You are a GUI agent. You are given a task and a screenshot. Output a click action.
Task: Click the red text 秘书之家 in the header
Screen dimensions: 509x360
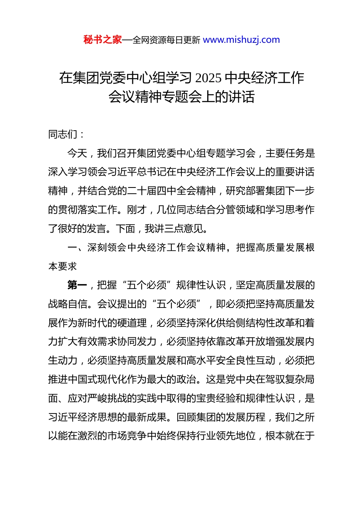click(x=102, y=40)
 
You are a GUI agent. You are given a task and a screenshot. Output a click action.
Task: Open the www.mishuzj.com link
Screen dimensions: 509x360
click(x=241, y=40)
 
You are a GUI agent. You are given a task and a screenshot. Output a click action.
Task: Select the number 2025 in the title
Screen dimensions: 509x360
click(x=208, y=78)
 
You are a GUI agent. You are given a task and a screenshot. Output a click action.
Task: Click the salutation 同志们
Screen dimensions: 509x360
click(x=63, y=134)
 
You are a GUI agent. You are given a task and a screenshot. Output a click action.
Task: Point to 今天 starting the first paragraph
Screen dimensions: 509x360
click(x=77, y=153)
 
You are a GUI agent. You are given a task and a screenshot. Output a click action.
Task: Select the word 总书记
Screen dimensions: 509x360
click(x=142, y=172)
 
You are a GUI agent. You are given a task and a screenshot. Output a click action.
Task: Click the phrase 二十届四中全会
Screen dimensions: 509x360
click(x=161, y=191)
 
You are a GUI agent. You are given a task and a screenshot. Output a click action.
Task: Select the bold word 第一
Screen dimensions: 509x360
click(x=77, y=285)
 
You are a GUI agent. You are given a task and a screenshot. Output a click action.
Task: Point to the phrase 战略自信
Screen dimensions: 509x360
click(x=68, y=304)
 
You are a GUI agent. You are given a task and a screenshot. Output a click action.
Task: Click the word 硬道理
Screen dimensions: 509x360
click(x=132, y=323)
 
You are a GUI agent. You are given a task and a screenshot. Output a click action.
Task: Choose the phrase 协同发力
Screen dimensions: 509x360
click(x=137, y=342)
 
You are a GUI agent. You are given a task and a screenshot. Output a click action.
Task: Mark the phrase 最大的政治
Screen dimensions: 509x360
click(x=172, y=379)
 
